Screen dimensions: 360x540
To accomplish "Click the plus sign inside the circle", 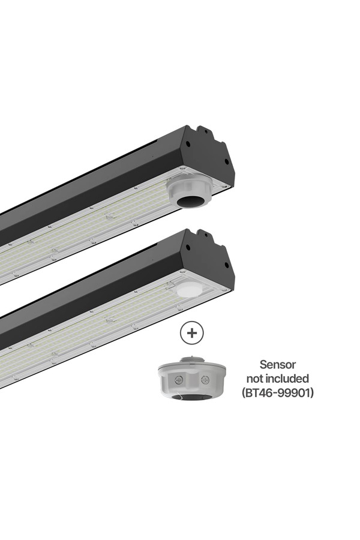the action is pyautogui.click(x=192, y=332).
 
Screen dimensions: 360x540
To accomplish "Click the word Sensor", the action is pyautogui.click(x=278, y=364).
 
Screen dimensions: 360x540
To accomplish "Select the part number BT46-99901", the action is pyautogui.click(x=278, y=392).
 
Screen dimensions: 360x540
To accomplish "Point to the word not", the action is pyautogui.click(x=254, y=379).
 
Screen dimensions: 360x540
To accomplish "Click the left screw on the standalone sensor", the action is pyautogui.click(x=178, y=380).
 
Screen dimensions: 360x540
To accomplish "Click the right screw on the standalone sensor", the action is pyautogui.click(x=205, y=380).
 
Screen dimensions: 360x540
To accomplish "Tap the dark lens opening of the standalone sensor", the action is pyautogui.click(x=192, y=397).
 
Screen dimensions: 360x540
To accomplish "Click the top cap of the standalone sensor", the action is pyautogui.click(x=192, y=359).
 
